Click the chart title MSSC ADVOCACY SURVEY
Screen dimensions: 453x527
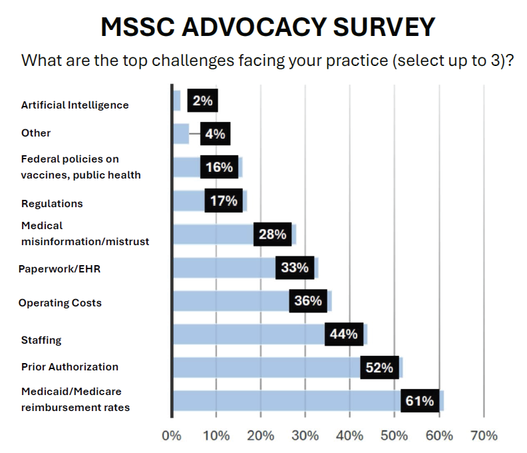268,27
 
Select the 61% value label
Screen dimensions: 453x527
420,401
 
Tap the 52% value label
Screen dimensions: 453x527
379,367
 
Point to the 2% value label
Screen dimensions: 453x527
202,101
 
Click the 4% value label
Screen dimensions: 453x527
214,133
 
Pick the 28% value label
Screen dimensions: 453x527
272,234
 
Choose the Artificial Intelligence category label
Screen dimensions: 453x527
75,105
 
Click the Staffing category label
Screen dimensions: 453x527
41,340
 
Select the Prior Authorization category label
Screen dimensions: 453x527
70,367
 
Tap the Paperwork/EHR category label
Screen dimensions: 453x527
60,269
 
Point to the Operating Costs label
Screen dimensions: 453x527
60,303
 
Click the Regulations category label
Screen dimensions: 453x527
52,203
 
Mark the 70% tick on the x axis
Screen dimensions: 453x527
483,436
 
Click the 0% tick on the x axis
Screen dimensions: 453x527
172,436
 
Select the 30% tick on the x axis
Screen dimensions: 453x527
305,436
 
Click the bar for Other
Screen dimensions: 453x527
180,133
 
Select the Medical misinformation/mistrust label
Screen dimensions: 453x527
85,234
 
